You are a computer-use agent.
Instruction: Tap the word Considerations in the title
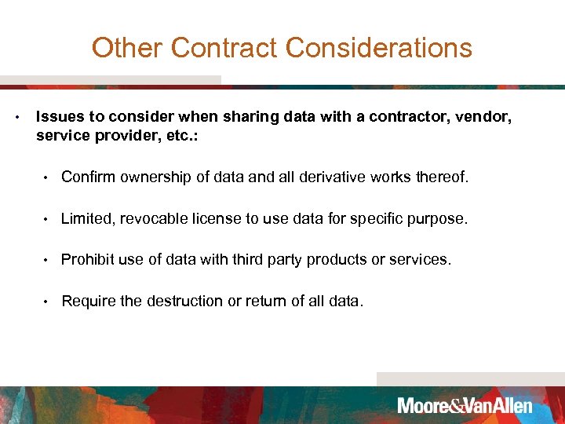(379, 48)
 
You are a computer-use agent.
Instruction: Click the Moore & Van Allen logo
(465, 406)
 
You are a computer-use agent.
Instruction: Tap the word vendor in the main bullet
(485, 117)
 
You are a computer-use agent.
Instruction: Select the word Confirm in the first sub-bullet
(88, 177)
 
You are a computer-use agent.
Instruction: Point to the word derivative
(323, 177)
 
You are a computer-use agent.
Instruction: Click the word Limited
(86, 218)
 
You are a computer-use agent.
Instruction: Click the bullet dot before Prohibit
(48, 260)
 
